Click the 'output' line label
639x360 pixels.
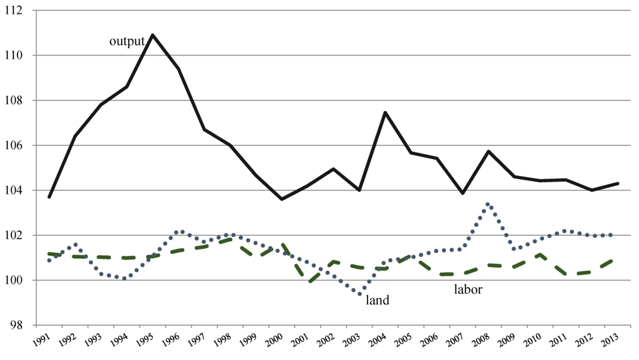(x=127, y=41)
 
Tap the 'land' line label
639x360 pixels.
(x=377, y=300)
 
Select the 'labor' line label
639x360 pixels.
(x=467, y=289)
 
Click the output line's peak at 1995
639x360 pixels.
(x=152, y=35)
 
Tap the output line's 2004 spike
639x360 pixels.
(x=385, y=112)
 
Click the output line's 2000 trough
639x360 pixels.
(x=281, y=199)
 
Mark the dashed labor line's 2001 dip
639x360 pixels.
(x=308, y=282)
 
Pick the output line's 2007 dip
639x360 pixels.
(x=462, y=193)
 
